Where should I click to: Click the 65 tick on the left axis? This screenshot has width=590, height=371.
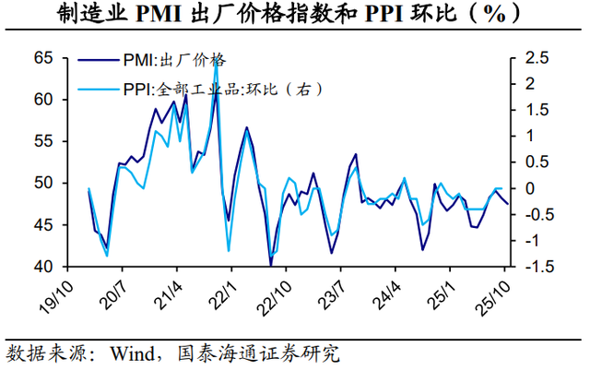coord(44,58)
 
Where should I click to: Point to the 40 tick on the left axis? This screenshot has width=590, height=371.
coord(44,267)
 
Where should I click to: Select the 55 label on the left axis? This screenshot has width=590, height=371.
coord(44,141)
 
